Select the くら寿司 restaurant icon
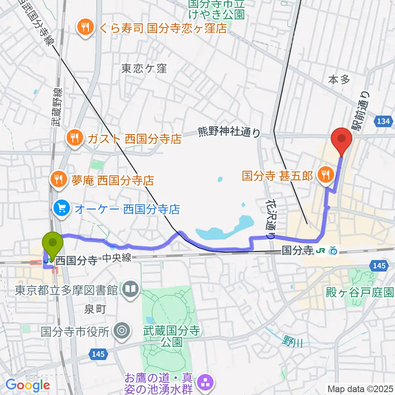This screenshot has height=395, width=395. click(86, 28)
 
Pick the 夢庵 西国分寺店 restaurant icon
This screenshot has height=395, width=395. click(58, 179)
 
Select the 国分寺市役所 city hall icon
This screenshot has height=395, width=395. click(121, 330)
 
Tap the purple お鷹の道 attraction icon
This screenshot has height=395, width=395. click(205, 383)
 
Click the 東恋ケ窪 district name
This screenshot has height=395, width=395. click(144, 69)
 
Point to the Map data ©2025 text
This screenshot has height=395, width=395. click(360, 388)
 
